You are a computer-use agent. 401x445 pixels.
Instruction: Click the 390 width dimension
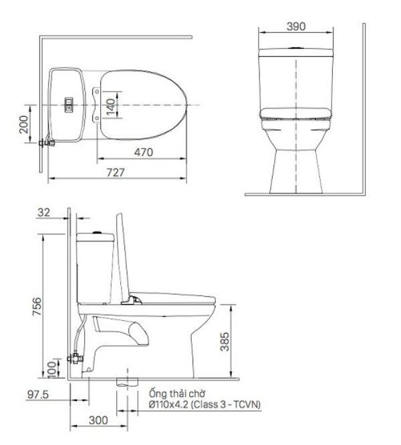[296, 27]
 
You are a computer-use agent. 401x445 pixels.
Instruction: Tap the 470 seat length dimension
[142, 152]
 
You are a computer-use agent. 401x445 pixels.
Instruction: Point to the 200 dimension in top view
[25, 124]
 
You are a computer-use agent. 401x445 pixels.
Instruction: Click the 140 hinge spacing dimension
[111, 105]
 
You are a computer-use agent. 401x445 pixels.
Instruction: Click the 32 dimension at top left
[43, 212]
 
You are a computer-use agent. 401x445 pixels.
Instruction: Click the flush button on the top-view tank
[67, 103]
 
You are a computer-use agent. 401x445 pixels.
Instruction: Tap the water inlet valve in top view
[47, 142]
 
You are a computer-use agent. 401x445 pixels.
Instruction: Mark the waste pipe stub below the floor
[124, 382]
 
